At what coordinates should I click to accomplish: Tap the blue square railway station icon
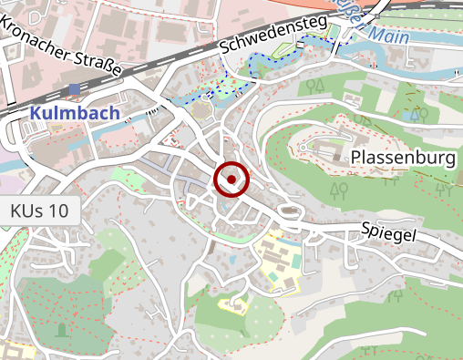coord(74,88)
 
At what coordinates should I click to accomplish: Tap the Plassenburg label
coord(403,159)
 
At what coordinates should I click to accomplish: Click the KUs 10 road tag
coord(39,211)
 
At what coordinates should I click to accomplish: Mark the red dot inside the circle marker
coord(231,180)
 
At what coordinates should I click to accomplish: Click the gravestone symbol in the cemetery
coord(62,327)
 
